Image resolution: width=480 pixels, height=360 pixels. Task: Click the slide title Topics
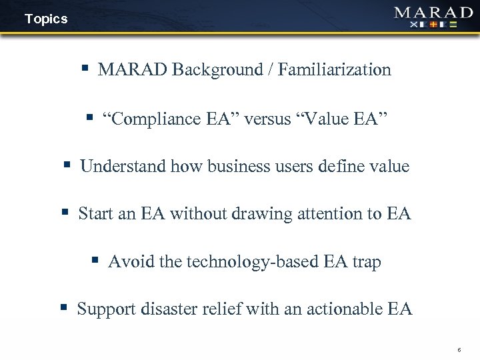click(46, 19)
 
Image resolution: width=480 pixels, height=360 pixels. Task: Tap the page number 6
click(459, 350)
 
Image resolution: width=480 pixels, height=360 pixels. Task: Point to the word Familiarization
click(335, 69)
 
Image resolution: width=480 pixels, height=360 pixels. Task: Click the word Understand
click(123, 166)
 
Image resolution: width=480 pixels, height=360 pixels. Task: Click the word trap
click(367, 262)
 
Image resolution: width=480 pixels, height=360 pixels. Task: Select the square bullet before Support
click(64, 308)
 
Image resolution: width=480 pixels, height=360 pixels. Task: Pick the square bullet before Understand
click(67, 165)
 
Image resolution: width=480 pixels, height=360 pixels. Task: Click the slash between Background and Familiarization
click(272, 69)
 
